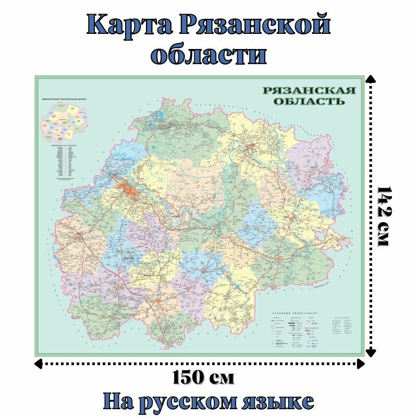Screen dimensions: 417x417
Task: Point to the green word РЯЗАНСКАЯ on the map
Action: tap(309, 90)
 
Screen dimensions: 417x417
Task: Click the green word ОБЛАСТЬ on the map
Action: tap(309, 101)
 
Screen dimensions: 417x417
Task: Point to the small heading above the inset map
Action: tap(64, 99)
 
